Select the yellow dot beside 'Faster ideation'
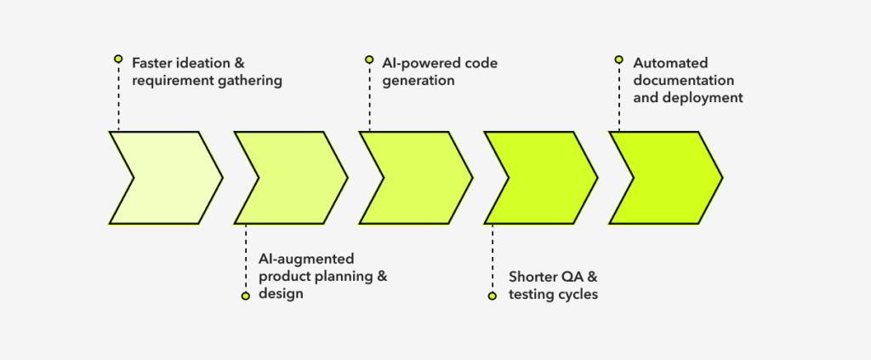[118, 59]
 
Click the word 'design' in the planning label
[281, 294]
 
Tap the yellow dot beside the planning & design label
[245, 296]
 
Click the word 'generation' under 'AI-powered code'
[418, 81]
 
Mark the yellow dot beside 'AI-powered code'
[369, 60]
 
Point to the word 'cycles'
[579, 294]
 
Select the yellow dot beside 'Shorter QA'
[492, 296]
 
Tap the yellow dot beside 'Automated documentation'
[618, 60]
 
